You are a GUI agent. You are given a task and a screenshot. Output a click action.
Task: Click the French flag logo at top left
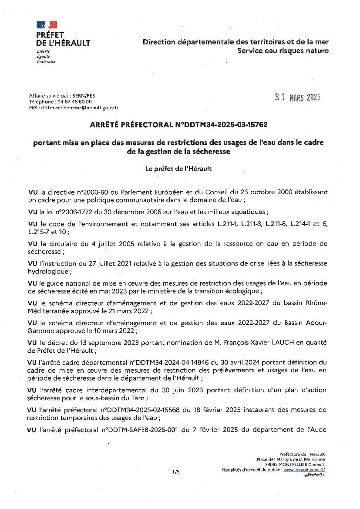tap(47, 25)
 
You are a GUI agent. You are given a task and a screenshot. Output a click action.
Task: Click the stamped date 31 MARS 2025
tap(297, 98)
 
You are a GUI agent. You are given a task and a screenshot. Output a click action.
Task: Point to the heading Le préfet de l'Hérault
tap(178, 169)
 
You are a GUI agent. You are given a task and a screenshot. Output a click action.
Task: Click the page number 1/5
tap(176, 471)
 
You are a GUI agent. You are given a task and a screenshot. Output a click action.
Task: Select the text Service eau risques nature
tap(283, 51)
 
